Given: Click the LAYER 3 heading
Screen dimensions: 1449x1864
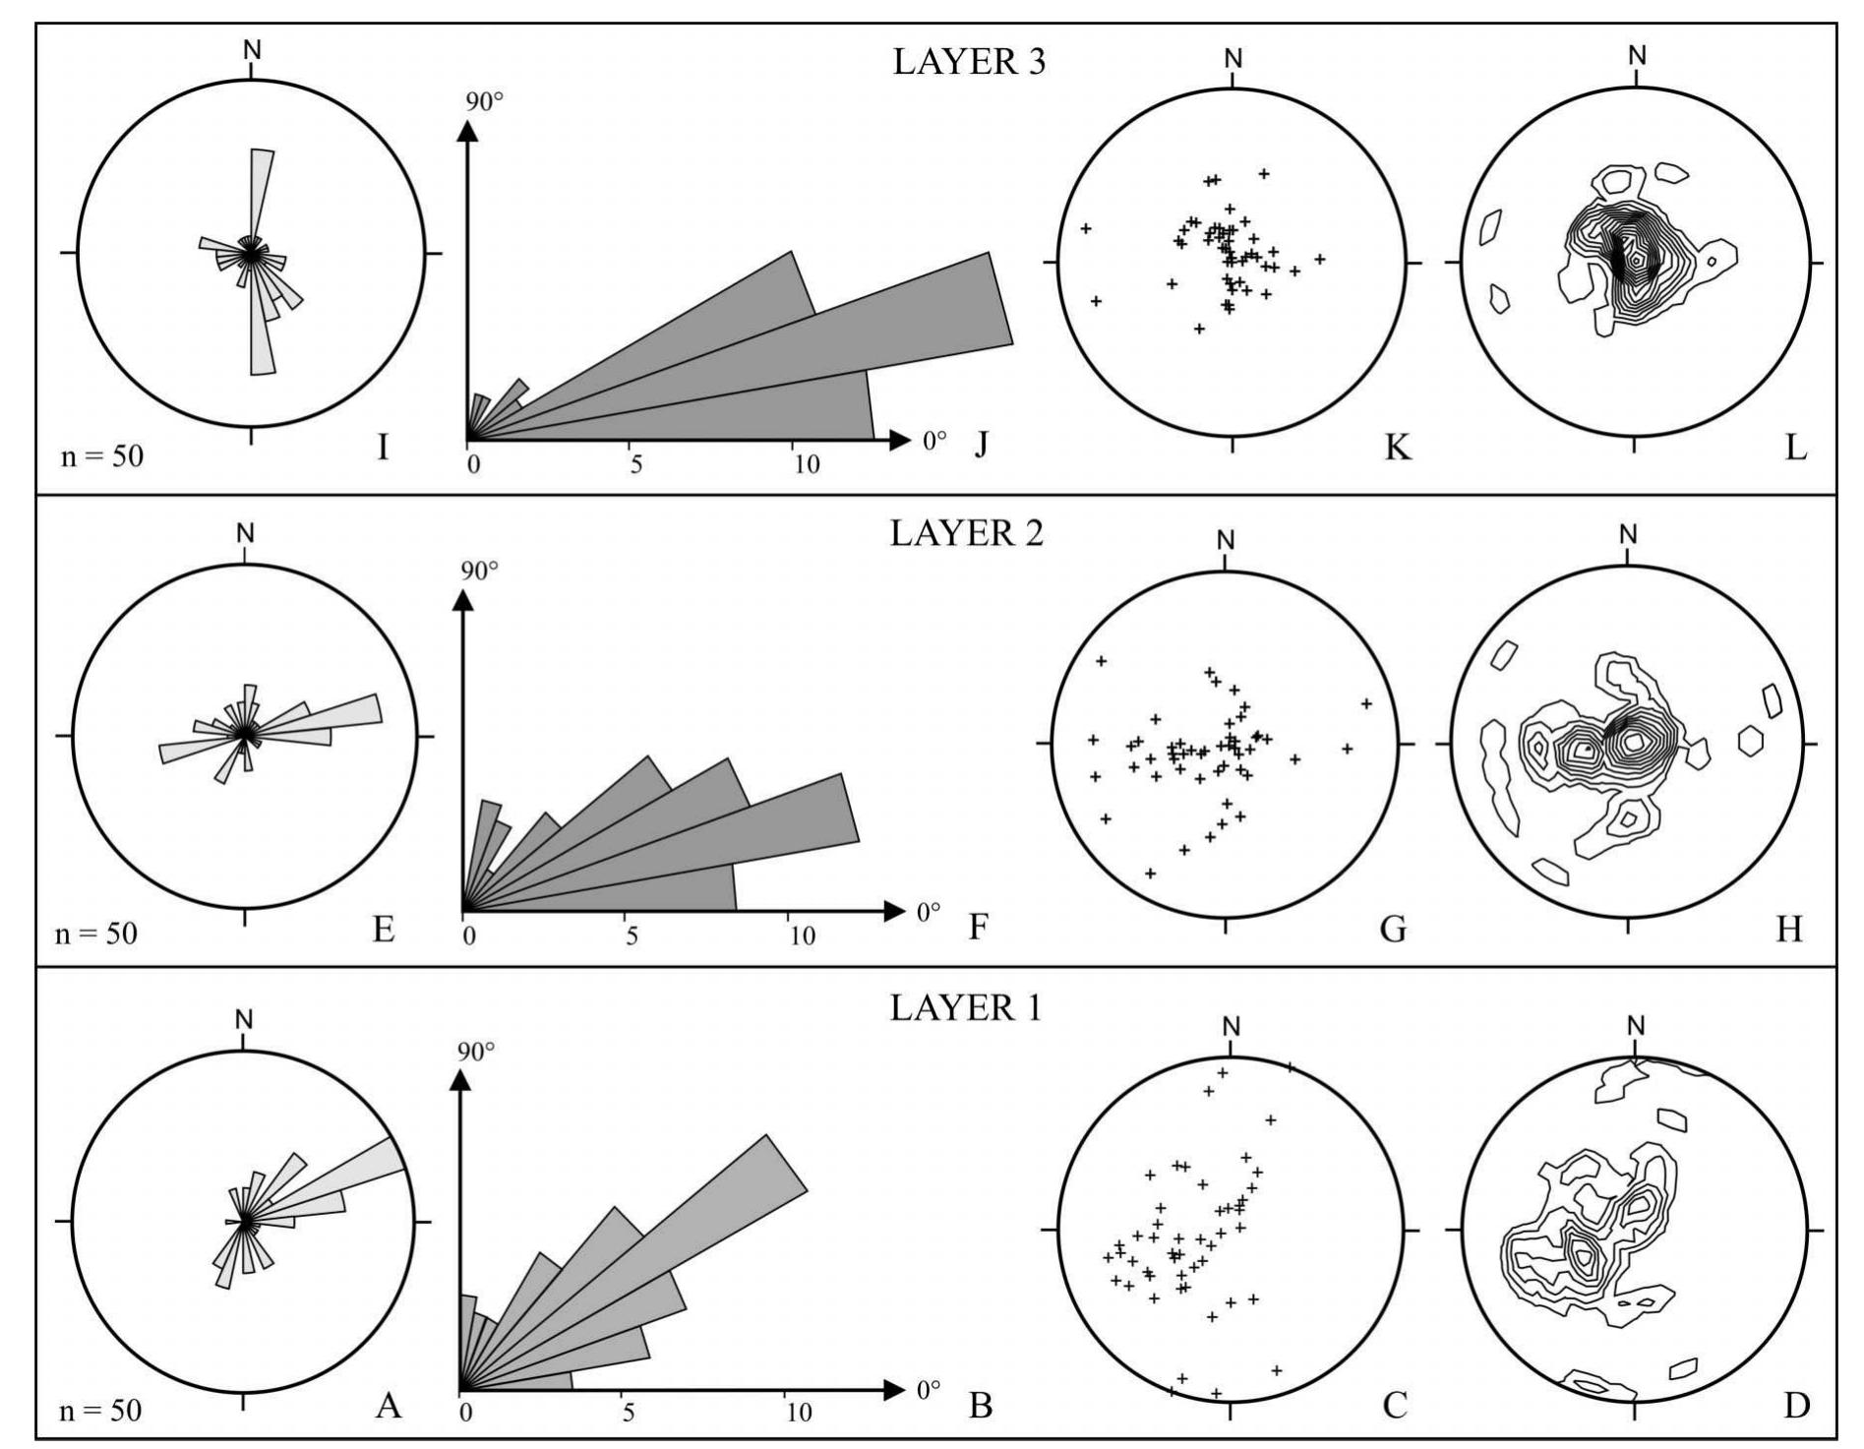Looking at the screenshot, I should pyautogui.click(x=969, y=62).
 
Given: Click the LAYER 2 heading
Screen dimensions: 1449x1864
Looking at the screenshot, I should pyautogui.click(x=966, y=533).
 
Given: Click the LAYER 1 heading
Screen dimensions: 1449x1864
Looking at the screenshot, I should pyautogui.click(x=964, y=1008).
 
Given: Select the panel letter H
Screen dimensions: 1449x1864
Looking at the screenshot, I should pyautogui.click(x=1788, y=929).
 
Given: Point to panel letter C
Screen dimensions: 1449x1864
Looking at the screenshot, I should pyautogui.click(x=1394, y=1406).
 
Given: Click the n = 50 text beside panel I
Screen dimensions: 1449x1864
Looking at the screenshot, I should pyautogui.click(x=101, y=456).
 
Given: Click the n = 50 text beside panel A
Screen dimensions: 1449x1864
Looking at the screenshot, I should pyautogui.click(x=99, y=1411).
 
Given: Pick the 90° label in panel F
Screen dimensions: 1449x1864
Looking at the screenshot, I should pyautogui.click(x=479, y=572).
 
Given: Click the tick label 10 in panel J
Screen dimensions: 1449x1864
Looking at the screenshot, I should pyautogui.click(x=806, y=465).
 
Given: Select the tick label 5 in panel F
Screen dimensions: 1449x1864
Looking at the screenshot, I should pyautogui.click(x=631, y=936).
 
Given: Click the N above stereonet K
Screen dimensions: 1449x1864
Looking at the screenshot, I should pyautogui.click(x=1233, y=59).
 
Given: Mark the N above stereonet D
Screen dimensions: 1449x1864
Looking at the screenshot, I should pyautogui.click(x=1635, y=1026).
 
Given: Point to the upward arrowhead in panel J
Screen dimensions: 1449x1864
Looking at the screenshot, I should pyautogui.click(x=468, y=131).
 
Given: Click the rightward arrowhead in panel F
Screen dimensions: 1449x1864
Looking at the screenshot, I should pyautogui.click(x=892, y=911).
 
